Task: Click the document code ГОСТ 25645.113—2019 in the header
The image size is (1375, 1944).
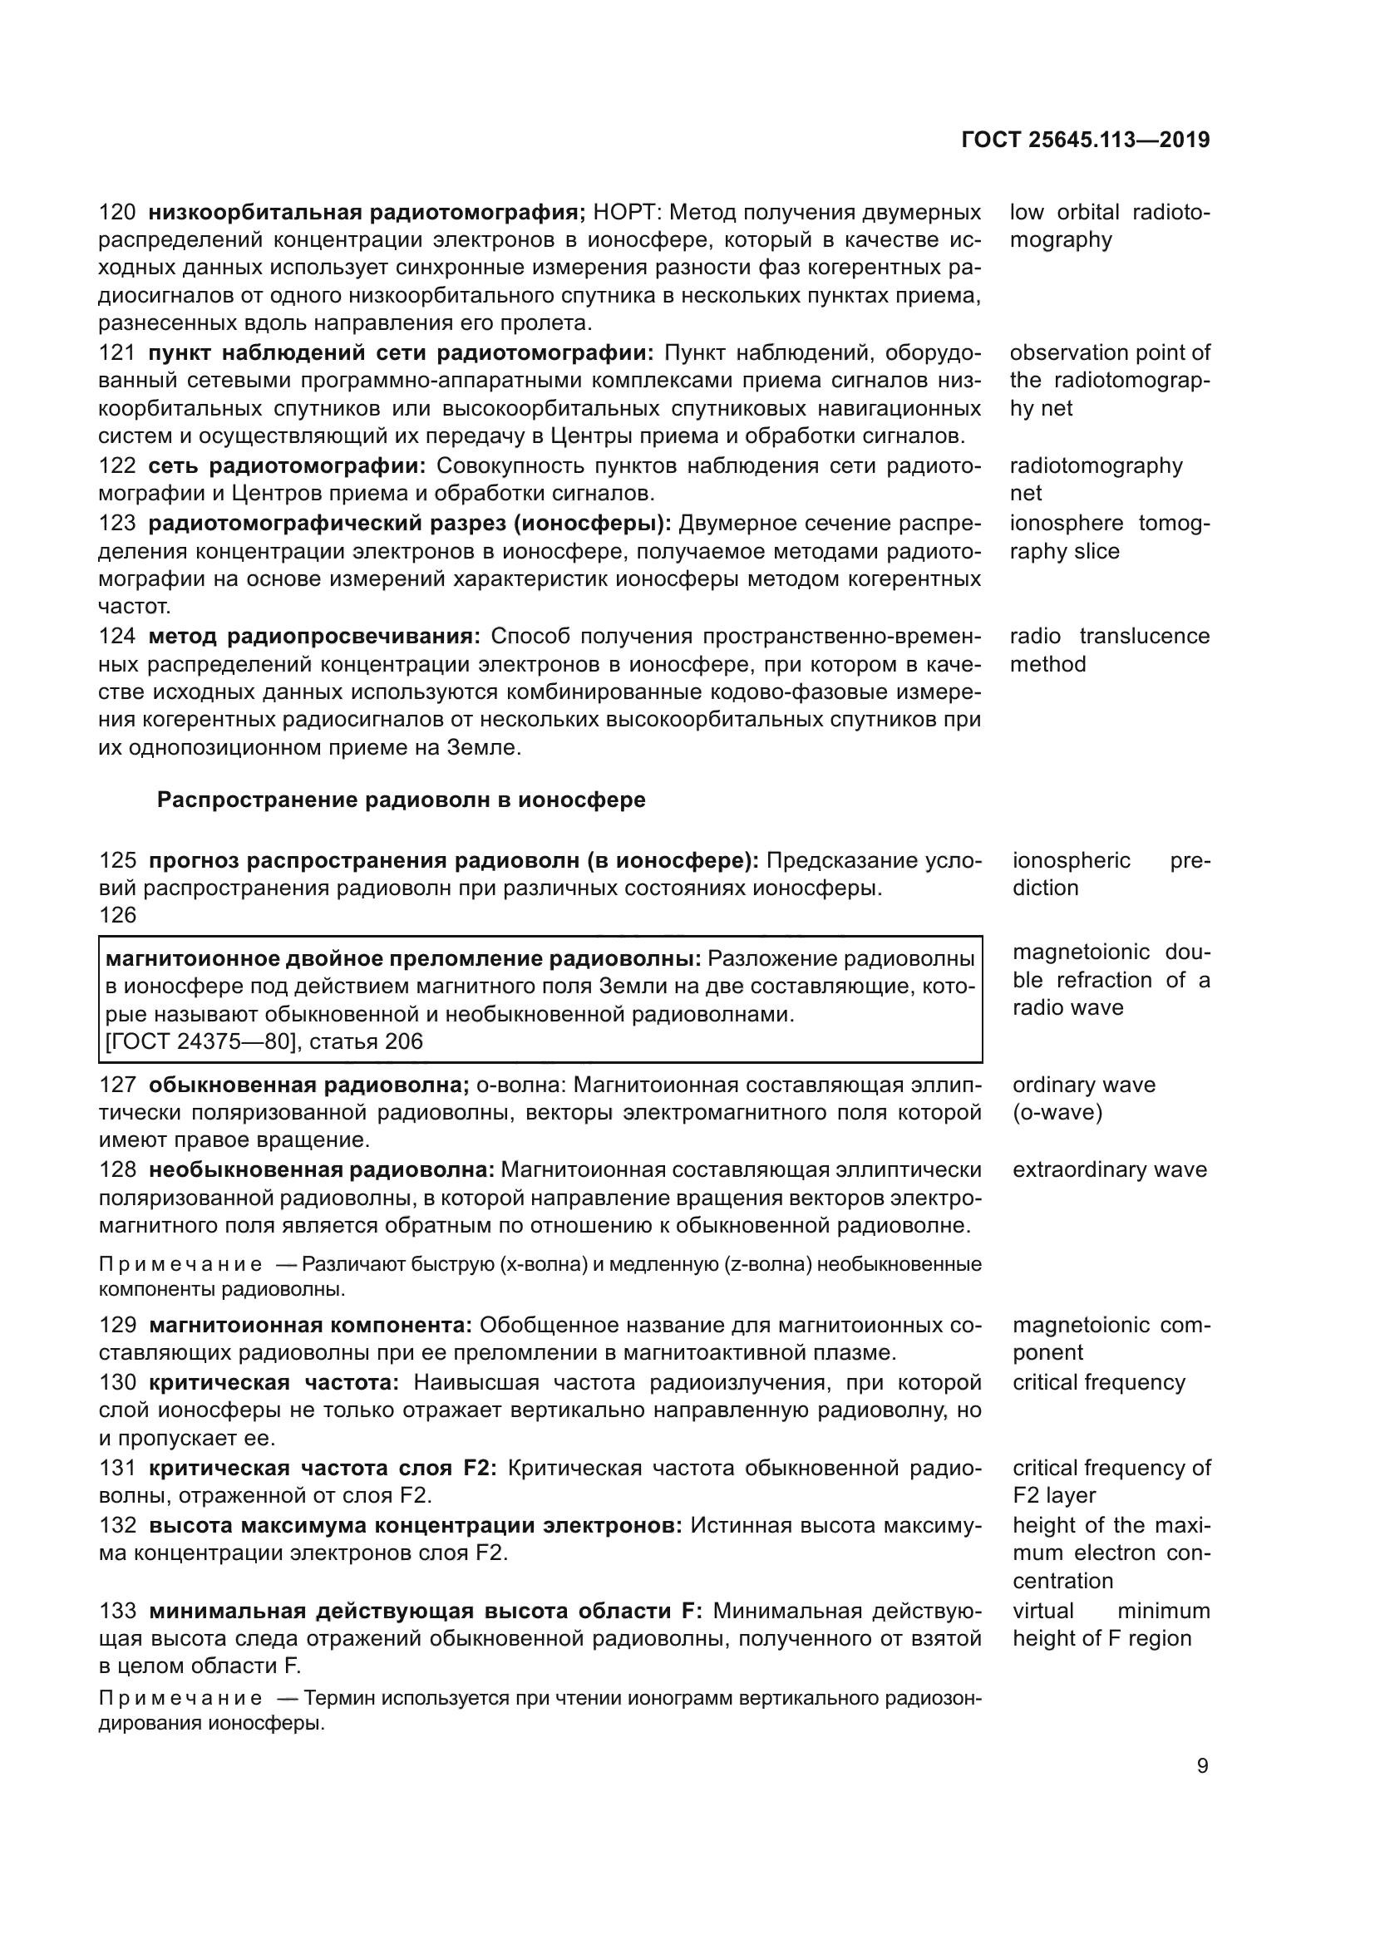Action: (1086, 140)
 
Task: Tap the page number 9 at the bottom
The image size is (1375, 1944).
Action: (1202, 1766)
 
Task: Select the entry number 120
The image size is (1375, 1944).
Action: (117, 212)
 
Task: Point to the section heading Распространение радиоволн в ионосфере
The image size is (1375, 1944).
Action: (402, 800)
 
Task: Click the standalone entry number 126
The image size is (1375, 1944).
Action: (117, 915)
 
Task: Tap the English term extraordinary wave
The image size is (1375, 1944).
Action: (1109, 1170)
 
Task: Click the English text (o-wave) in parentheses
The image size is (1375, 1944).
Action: (1057, 1113)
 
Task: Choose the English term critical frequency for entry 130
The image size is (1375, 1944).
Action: (1098, 1383)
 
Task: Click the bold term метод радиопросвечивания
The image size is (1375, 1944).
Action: (314, 637)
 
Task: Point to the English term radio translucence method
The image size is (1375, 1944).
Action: (1109, 650)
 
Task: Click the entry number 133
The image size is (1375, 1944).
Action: (117, 1612)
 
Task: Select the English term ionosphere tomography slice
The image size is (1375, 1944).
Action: (1109, 538)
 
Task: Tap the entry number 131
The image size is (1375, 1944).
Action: (117, 1468)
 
